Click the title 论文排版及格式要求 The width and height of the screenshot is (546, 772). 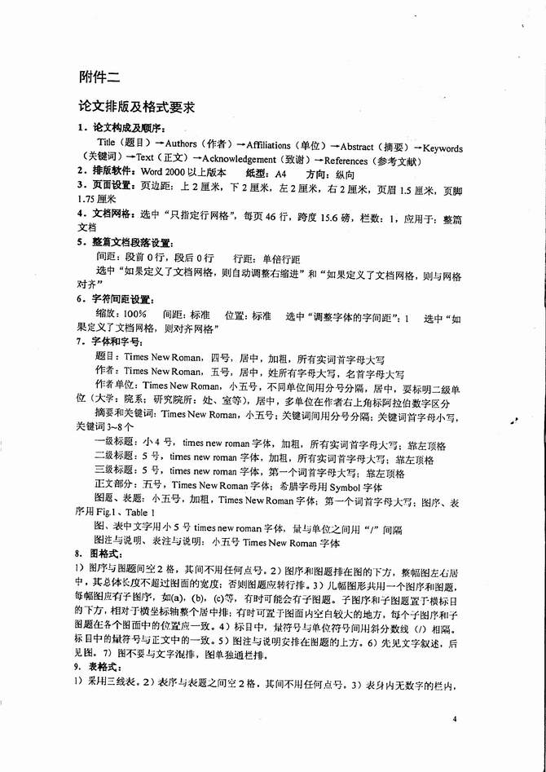[x=135, y=108]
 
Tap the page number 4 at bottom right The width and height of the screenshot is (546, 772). [x=457, y=719]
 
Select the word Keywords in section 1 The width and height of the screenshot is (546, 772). [x=443, y=148]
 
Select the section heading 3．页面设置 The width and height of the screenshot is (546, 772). [x=108, y=186]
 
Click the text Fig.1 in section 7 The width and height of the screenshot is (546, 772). [x=108, y=512]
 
